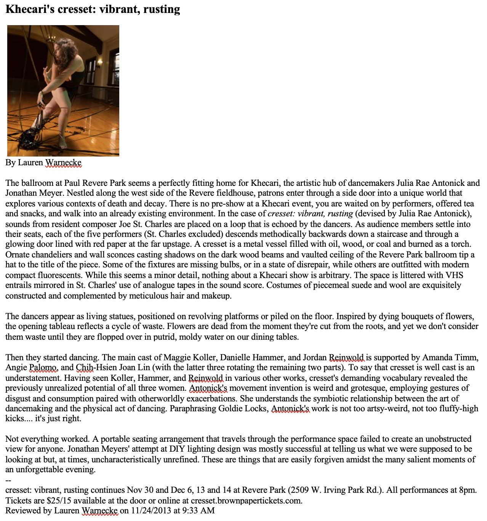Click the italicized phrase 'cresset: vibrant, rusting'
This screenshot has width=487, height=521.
pos(310,213)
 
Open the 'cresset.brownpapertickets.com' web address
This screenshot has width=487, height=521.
pos(247,500)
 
